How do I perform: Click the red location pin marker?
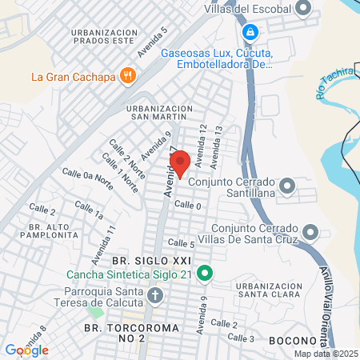click(x=180, y=164)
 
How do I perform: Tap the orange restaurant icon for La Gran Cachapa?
click(x=128, y=77)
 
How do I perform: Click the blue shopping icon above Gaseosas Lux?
click(x=250, y=32)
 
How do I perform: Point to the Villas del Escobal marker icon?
click(x=303, y=9)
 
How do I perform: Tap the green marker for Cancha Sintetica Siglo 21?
click(x=204, y=274)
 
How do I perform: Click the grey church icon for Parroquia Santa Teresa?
click(x=155, y=296)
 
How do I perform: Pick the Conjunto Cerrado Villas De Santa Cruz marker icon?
click(x=310, y=234)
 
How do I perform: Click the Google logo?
click(x=26, y=350)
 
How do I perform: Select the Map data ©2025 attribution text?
click(x=325, y=354)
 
